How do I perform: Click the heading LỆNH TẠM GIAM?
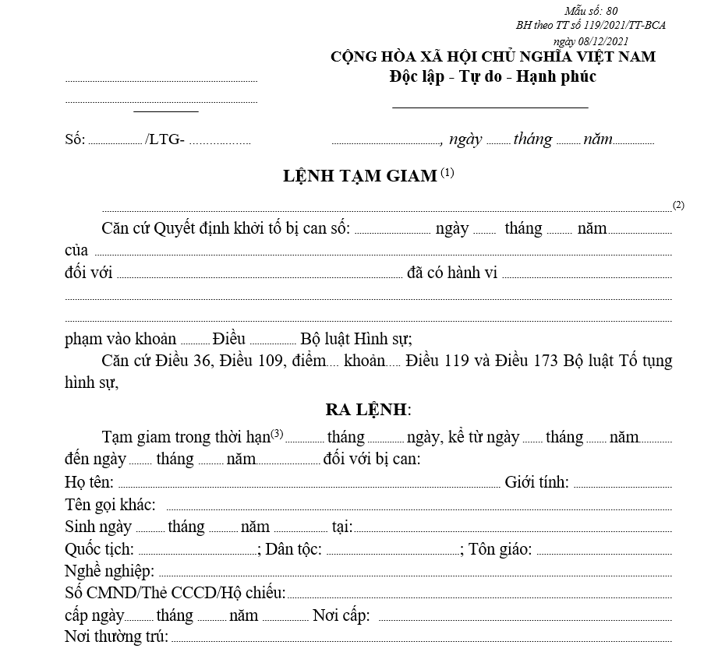point(359,176)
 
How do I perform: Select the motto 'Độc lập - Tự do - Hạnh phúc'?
point(493,76)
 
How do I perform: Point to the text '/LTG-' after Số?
point(164,140)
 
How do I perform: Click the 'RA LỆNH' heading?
point(367,410)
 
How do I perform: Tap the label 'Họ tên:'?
point(89,482)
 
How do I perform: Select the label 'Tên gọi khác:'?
point(110,504)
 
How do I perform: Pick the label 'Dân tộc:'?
point(294,549)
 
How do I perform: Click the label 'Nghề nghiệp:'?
point(109,571)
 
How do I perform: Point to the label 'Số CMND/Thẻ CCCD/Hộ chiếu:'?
point(175,593)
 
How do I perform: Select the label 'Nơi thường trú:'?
point(116,637)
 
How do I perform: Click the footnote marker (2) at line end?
point(678,205)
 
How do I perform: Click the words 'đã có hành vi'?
point(452,273)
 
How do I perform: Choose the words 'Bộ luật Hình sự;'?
point(356,339)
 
